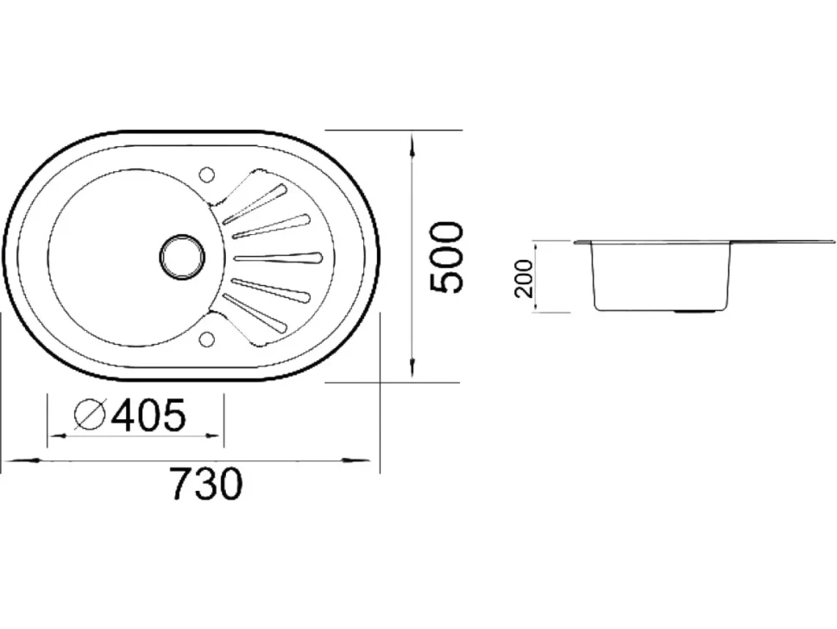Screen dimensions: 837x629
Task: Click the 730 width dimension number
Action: (205, 484)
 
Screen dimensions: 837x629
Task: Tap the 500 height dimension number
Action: (445, 257)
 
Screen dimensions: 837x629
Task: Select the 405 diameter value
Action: (148, 415)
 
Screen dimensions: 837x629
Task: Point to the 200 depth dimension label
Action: (524, 278)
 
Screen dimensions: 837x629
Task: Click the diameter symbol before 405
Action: (89, 415)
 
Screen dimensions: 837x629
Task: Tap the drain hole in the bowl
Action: (182, 257)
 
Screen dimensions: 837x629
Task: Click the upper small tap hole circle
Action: (206, 175)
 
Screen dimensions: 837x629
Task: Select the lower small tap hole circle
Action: (206, 340)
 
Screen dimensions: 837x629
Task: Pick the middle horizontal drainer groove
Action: (278, 258)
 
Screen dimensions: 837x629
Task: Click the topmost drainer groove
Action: (255, 202)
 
